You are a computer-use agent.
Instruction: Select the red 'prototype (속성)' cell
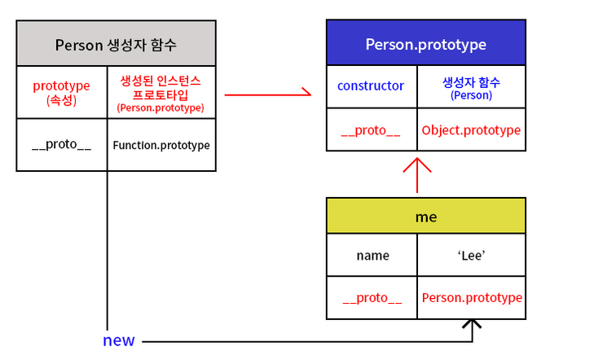[61, 92]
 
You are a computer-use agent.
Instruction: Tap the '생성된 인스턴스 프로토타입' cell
[161, 93]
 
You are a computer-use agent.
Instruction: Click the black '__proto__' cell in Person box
[61, 145]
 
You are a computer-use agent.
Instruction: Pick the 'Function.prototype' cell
[161, 145]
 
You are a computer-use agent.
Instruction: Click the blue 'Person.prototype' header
[425, 44]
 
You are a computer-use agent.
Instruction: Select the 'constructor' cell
[371, 86]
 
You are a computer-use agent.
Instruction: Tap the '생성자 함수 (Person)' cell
[471, 88]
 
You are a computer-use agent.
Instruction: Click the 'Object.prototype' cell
[471, 129]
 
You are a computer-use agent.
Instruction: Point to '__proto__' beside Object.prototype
[372, 130]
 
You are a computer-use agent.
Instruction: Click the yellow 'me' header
[425, 217]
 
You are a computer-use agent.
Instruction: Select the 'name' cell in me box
[372, 255]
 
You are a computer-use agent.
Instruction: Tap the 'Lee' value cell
[471, 255]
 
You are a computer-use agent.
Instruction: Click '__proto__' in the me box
[372, 298]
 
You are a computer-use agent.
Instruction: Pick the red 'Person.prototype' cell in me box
[472, 298]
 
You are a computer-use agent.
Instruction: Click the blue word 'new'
[119, 340]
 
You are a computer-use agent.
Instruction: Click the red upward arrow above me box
[416, 173]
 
